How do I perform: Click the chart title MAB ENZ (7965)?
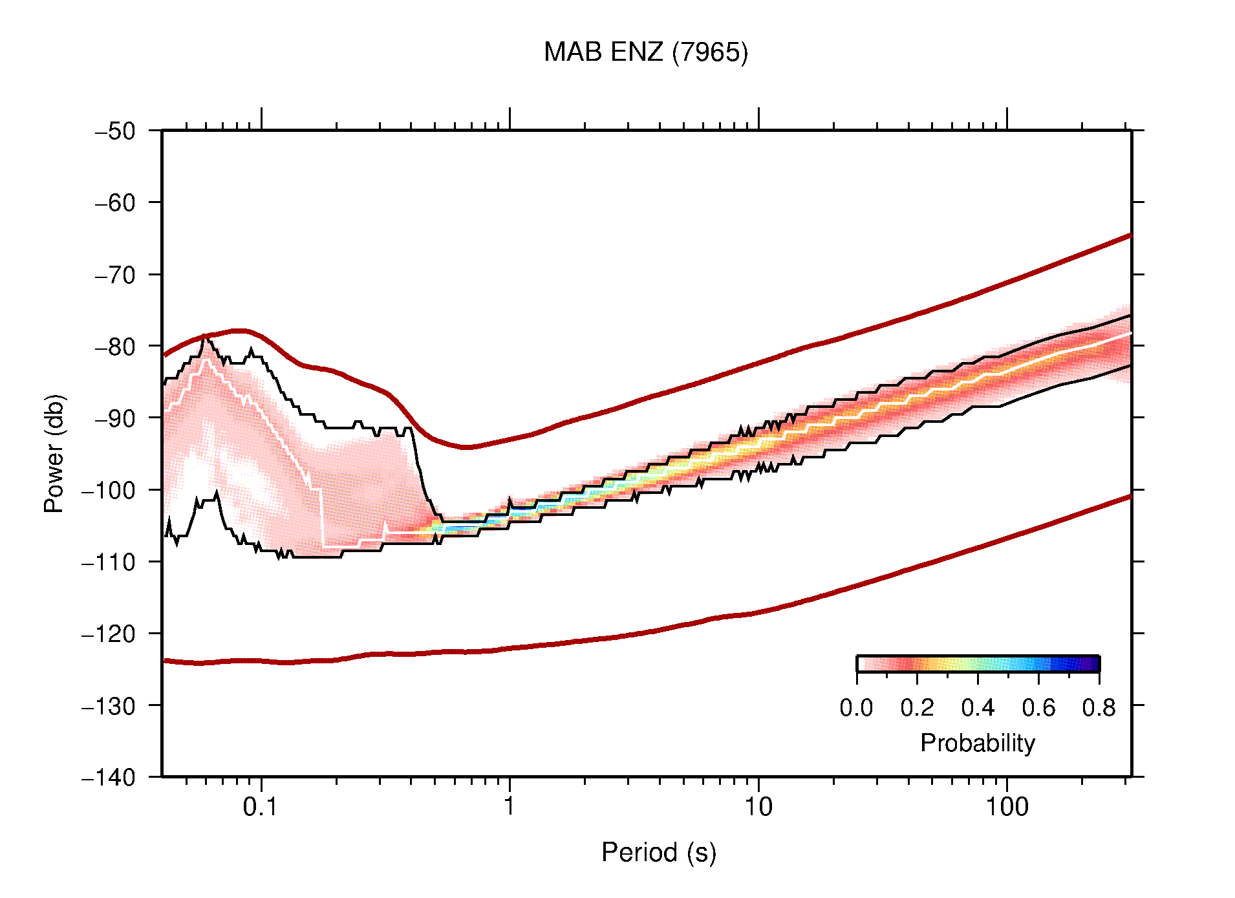[645, 52]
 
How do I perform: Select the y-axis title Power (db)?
[54, 453]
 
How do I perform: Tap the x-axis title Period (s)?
[658, 853]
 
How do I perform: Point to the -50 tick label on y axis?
[115, 131]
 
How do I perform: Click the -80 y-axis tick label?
[115, 347]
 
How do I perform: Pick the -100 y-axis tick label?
[109, 490]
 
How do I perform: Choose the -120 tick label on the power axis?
[109, 634]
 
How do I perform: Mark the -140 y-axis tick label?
[109, 777]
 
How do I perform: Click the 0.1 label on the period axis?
[261, 807]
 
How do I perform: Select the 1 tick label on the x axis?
[510, 807]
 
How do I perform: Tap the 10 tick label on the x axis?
[758, 807]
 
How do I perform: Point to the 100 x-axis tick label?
[1006, 807]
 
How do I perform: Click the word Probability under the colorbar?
[977, 743]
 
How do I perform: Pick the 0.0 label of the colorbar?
[856, 708]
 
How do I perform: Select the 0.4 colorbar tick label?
[978, 708]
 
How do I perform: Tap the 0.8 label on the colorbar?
[1099, 708]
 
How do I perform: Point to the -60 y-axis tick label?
[115, 203]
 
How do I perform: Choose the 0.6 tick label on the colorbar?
[1038, 708]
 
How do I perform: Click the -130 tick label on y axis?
[109, 705]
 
